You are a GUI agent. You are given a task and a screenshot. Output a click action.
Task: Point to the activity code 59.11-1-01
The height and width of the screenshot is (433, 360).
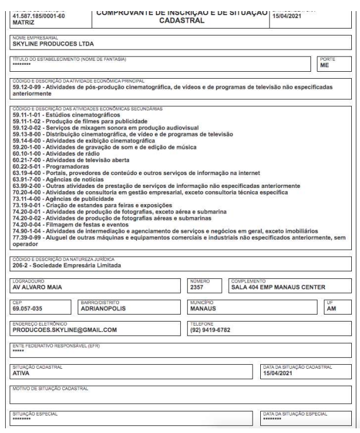30,115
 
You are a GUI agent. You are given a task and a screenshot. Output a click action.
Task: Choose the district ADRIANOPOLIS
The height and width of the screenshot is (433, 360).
104,309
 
